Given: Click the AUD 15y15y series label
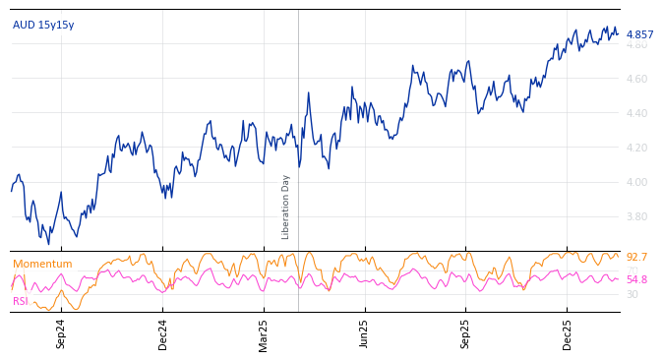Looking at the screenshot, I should pos(42,25).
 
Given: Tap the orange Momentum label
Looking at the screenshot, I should pos(42,264).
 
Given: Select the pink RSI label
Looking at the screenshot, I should pos(21,301).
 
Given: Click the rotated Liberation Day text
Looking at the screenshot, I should pos(286,207).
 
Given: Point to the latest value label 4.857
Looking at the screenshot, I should pos(639,34).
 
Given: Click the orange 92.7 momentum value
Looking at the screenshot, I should pos(636,257).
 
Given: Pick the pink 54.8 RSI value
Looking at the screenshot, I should pos(636,279).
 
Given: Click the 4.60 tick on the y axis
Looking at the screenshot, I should pos(636,79).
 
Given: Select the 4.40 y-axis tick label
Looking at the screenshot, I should pos(636,113).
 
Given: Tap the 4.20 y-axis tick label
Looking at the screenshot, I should pos(636,148).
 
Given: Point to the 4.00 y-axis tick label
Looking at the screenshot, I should pos(636,182).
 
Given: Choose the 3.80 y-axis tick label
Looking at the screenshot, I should pos(636,216).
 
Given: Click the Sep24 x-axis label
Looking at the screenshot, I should pos(61,333).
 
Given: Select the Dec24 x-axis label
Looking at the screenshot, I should pos(163,333).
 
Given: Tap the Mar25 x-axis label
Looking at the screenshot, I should pos(264,333).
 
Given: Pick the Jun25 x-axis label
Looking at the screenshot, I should pos(364,333).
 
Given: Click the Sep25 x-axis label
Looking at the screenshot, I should pos(465,333).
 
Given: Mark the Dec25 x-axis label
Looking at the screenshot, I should pos(567,333).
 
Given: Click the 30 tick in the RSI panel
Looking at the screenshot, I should pos(632,294).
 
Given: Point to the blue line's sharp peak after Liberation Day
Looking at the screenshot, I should pos(308,93).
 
